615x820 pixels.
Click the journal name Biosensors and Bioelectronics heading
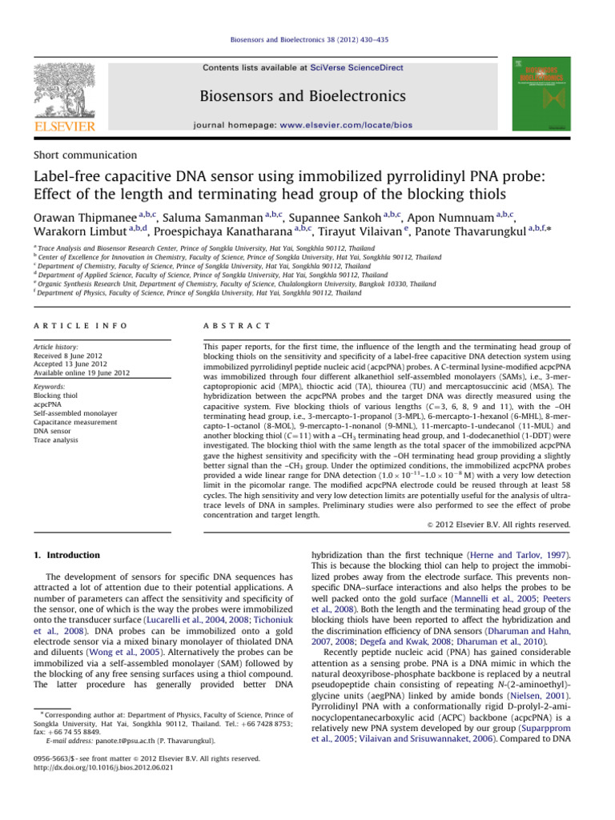pos(307,97)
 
